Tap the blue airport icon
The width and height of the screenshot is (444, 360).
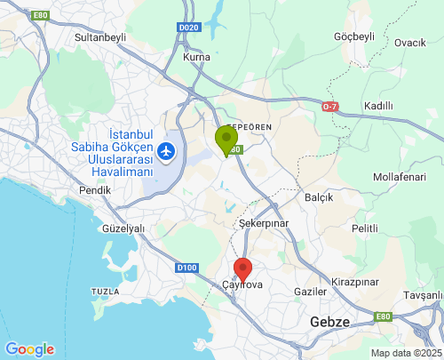tap(166, 152)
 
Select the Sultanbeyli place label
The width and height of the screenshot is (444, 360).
tap(101, 38)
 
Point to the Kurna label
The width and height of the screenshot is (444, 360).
tap(195, 57)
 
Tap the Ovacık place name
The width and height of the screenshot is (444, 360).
tap(410, 43)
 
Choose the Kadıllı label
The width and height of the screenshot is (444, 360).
tap(378, 106)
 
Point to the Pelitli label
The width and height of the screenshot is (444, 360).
tap(365, 228)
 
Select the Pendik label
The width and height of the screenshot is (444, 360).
tap(95, 190)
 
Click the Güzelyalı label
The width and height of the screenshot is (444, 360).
tap(123, 228)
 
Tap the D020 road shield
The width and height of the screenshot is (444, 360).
tap(188, 28)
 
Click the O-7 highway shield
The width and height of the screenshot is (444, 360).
tap(330, 107)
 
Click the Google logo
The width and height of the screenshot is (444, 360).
tap(29, 349)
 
